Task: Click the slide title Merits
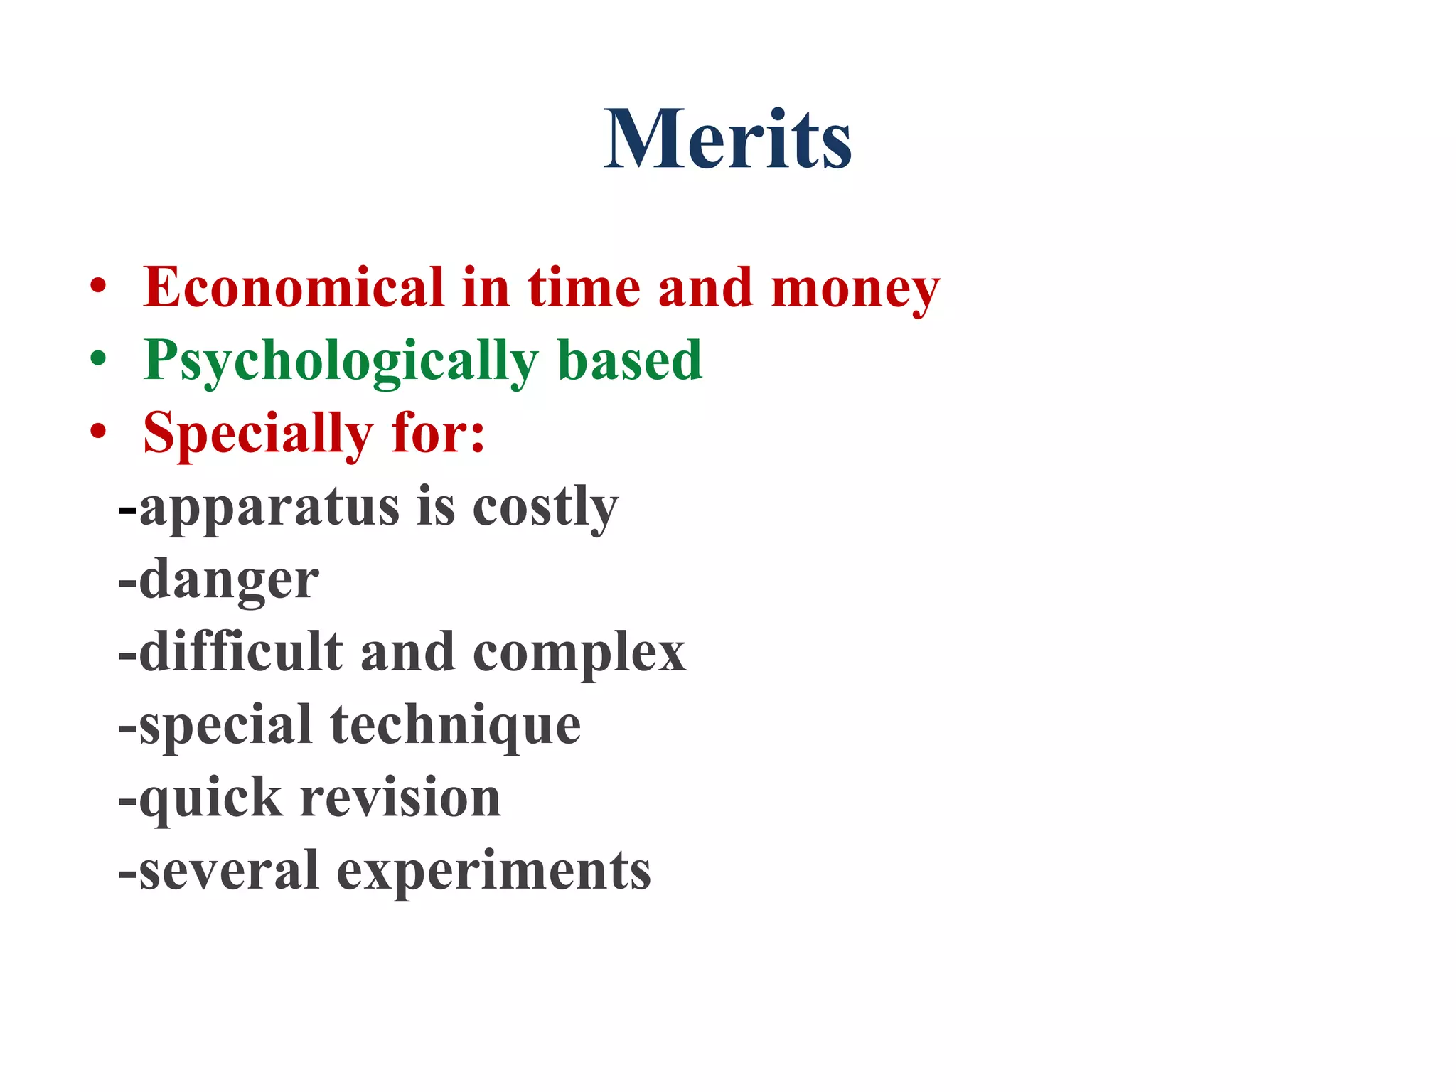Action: pyautogui.click(x=727, y=139)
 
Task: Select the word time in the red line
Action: pyautogui.click(x=584, y=287)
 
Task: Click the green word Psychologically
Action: pyautogui.click(x=341, y=362)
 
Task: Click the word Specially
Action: pyautogui.click(x=258, y=434)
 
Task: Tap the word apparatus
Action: pyautogui.click(x=269, y=508)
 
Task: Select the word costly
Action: pyautogui.click(x=545, y=508)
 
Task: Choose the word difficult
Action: pyautogui.click(x=241, y=652)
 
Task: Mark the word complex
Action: pyautogui.click(x=579, y=653)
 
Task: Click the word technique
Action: pyautogui.click(x=455, y=726)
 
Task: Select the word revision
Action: pyautogui.click(x=400, y=798)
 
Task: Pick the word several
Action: pyautogui.click(x=228, y=871)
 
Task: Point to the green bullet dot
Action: pyautogui.click(x=98, y=360)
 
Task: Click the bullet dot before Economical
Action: pyautogui.click(x=98, y=287)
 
